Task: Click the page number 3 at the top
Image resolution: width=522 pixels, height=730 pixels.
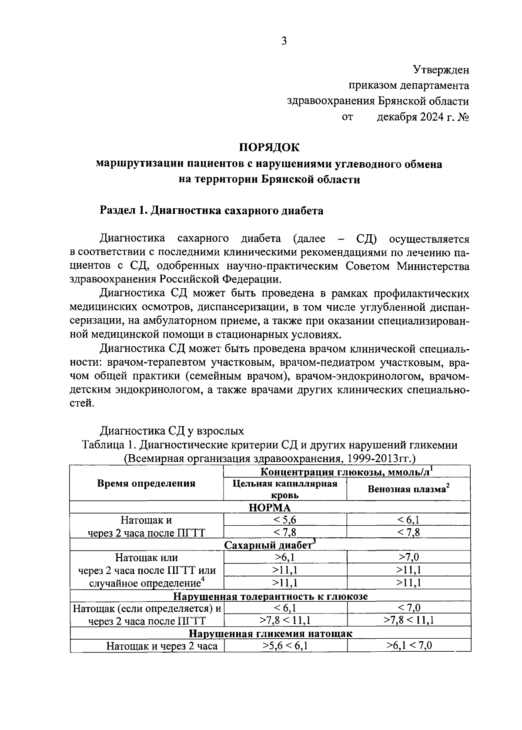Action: (x=284, y=41)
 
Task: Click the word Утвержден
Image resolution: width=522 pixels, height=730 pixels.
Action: (x=441, y=70)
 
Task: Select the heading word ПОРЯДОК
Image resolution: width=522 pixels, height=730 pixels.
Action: (x=270, y=148)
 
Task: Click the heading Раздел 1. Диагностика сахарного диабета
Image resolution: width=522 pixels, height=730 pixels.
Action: (x=212, y=211)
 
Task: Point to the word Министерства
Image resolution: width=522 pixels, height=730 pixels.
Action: (x=433, y=266)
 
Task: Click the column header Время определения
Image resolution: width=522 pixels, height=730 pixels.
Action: (x=146, y=483)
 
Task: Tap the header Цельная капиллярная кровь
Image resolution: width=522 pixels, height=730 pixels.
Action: (x=285, y=489)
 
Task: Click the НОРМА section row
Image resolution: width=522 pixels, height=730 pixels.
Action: (x=270, y=507)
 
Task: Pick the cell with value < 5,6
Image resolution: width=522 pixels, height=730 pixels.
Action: (x=285, y=520)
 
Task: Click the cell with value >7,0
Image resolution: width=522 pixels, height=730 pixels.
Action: (x=408, y=557)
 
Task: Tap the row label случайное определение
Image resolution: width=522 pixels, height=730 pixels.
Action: (x=147, y=583)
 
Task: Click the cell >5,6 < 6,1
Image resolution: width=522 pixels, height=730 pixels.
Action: (x=285, y=646)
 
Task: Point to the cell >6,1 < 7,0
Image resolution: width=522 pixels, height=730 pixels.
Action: (x=408, y=646)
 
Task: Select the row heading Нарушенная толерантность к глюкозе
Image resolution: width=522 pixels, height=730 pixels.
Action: (x=270, y=596)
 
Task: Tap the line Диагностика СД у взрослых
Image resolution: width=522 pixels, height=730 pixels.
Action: (x=172, y=431)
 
